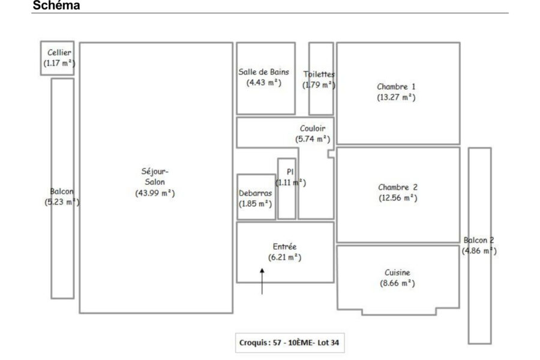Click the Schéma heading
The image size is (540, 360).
pos(56,5)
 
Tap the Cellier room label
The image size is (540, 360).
pos(59,52)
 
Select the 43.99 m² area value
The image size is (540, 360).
pos(155,193)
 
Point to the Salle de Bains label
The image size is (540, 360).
pos(264,72)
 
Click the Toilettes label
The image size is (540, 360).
pos(319,74)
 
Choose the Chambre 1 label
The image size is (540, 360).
pos(396,86)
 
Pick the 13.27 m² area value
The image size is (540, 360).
pos(396,97)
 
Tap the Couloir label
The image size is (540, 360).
pos(313,128)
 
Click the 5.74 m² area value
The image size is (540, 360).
pos(313,139)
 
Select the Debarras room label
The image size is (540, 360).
pos(255,193)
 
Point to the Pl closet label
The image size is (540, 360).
pos(290,172)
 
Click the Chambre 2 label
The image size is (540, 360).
pos(398,187)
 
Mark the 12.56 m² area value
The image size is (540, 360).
pos(398,198)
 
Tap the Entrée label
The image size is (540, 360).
pos(284,247)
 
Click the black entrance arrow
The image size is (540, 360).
pos(262,281)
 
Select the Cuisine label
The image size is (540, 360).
pos(397,272)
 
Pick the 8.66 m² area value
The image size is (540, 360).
pos(397,283)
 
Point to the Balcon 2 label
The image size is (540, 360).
pos(479,240)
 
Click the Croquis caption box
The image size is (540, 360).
pos(290,343)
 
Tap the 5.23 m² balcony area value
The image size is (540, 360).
pos(62,202)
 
